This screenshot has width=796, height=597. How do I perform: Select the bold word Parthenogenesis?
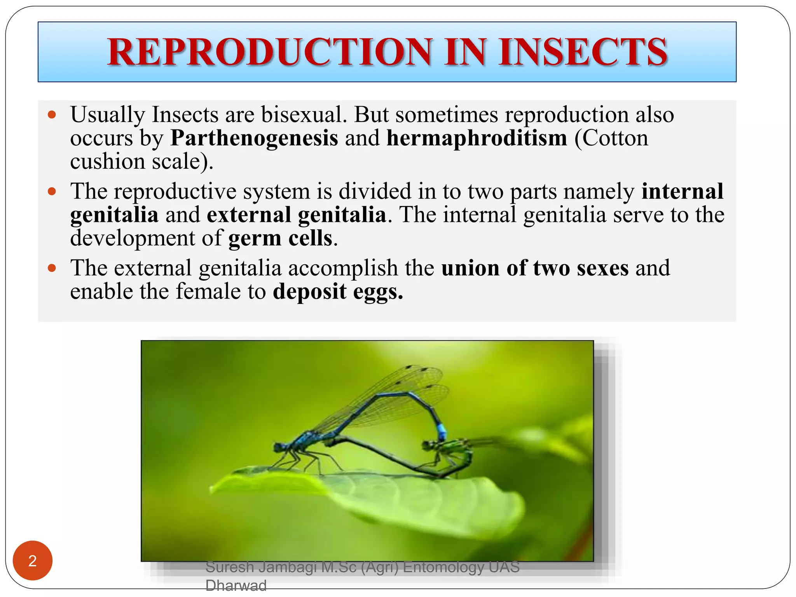click(x=254, y=138)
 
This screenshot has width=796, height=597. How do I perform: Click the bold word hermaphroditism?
click(x=477, y=138)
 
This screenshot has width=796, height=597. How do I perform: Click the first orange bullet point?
click(x=52, y=115)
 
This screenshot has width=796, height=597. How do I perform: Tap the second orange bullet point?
click(x=52, y=192)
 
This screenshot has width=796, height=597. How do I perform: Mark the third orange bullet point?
click(x=52, y=268)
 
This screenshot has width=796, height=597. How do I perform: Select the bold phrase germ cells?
click(x=280, y=238)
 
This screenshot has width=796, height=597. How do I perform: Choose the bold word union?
click(x=470, y=268)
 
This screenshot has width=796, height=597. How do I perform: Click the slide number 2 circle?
click(x=33, y=560)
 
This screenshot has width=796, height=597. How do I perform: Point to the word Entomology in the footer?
click(x=443, y=567)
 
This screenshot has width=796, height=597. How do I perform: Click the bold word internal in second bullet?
click(x=682, y=192)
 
